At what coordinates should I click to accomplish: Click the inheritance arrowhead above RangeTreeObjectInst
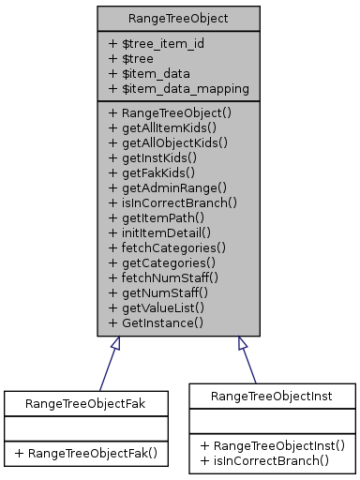tap(242, 344)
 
